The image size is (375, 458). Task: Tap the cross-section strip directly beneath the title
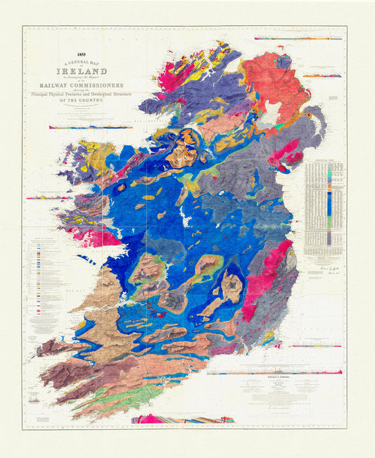click(80, 127)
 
